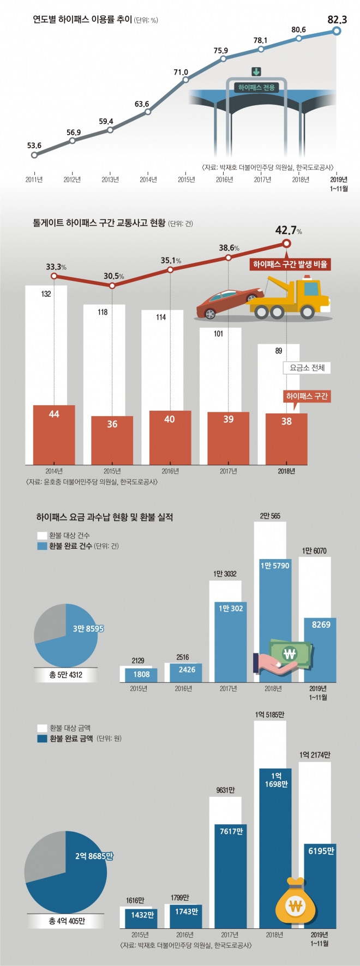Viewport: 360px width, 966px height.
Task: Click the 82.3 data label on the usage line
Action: click(x=337, y=20)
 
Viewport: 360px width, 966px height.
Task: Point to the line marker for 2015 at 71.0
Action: click(x=185, y=80)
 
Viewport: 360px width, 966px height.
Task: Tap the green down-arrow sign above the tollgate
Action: click(x=256, y=72)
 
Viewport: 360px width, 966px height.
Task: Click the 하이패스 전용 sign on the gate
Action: click(x=256, y=87)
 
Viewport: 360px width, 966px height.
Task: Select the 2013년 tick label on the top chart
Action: click(x=110, y=179)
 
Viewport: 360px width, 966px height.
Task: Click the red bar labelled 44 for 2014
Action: click(x=54, y=435)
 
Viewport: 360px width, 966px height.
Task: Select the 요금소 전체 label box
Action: click(x=307, y=368)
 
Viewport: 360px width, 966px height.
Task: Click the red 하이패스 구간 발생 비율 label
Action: click(x=290, y=265)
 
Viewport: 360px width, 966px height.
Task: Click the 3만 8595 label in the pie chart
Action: click(x=88, y=629)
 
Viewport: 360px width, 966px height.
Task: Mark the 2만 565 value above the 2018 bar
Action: click(x=270, y=516)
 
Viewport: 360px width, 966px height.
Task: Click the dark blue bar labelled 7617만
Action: click(x=231, y=875)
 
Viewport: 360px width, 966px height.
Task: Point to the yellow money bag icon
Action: click(x=295, y=905)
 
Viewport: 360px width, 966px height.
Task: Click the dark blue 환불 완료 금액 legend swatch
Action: click(x=42, y=739)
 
